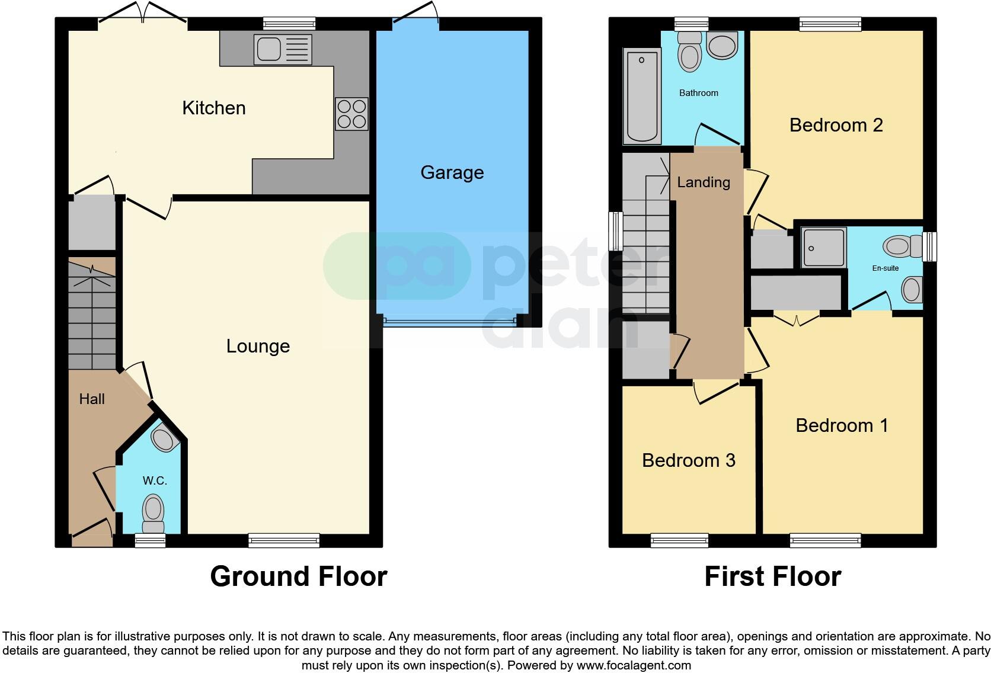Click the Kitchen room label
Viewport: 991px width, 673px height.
click(x=213, y=108)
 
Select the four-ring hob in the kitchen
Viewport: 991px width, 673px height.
click(x=351, y=114)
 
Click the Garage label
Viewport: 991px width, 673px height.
click(x=452, y=172)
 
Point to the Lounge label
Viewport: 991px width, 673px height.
click(x=258, y=346)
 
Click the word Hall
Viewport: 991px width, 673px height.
click(x=92, y=399)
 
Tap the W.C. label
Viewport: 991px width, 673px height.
click(x=154, y=480)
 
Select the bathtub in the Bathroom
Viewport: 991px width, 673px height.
click(x=641, y=97)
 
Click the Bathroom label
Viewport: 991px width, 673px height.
click(x=698, y=93)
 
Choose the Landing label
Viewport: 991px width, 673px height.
click(x=704, y=182)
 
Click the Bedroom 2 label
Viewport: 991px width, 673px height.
click(x=836, y=125)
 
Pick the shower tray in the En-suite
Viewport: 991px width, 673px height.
click(x=823, y=247)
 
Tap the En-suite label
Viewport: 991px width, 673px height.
click(x=885, y=268)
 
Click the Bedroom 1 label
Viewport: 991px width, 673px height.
click(x=842, y=425)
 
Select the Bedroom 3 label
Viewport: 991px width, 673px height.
click(x=688, y=460)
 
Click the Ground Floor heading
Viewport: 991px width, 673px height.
click(x=298, y=576)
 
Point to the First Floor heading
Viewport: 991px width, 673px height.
click(x=772, y=576)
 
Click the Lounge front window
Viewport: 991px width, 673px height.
click(x=284, y=540)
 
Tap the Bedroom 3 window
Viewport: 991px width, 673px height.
click(x=679, y=540)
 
